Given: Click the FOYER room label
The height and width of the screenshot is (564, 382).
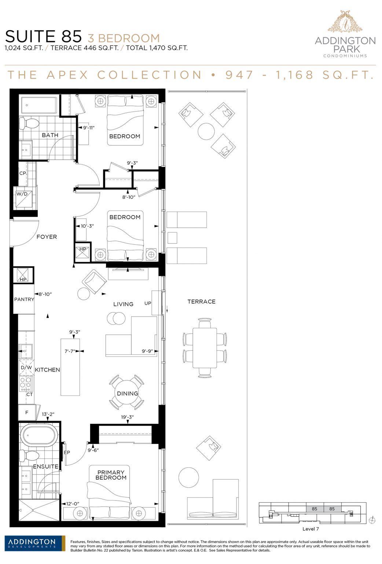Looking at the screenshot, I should coord(47,237).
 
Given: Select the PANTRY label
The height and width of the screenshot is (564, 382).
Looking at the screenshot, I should coord(24,299).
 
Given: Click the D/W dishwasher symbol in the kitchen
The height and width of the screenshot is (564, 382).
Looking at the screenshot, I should coord(26,368).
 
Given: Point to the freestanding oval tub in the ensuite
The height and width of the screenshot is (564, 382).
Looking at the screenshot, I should coord(38,435).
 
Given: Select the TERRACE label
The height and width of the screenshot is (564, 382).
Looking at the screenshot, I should coord(201,301).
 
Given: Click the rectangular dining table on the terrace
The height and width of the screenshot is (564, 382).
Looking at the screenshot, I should coord(205,348).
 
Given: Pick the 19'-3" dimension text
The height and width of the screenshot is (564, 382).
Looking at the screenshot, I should coord(127,417).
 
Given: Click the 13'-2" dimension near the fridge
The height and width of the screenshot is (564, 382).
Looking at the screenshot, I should coord(48,414).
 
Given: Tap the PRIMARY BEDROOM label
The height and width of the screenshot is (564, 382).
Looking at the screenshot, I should coord(111,475).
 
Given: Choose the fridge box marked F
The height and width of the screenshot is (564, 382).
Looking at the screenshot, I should coord(27,412).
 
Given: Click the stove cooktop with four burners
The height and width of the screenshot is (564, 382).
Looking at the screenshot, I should coord(26,384).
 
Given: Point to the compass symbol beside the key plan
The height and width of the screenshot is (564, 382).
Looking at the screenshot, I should coord(372,520).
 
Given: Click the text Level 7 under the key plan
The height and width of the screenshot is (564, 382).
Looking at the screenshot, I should coord(311,529).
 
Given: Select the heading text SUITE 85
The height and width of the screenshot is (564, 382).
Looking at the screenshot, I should coord(43,36).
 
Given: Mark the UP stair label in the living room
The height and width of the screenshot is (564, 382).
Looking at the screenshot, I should coord(148,303).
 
